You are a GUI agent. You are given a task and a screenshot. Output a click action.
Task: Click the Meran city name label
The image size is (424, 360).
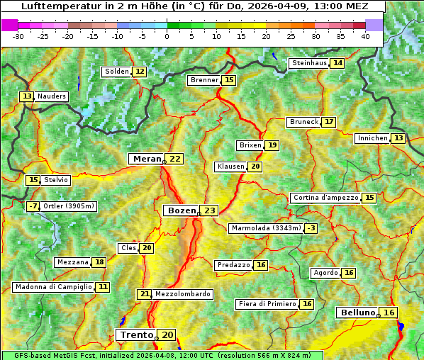pos(146,159)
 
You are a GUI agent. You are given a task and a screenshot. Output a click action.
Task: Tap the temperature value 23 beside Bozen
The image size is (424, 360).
pos(209,210)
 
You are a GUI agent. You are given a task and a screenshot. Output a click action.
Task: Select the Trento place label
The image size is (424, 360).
pos(137,334)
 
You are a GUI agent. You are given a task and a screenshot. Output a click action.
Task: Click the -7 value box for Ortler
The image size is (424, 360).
pos(33,206)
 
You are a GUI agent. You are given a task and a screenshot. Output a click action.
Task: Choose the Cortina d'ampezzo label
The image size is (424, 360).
pos(325,198)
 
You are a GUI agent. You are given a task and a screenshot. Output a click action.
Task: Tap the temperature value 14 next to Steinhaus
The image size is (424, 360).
pos(337,63)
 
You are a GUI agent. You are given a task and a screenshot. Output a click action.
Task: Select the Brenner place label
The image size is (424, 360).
pos(204,80)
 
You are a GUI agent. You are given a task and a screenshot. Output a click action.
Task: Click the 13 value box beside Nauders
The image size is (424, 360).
pos(27,96)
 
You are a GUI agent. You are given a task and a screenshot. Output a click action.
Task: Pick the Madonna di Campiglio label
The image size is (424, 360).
pos(53,287)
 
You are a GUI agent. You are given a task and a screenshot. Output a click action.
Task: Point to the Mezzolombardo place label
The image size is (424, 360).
pos(182,294)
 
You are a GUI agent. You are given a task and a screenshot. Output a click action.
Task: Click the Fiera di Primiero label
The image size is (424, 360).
pos(267,304)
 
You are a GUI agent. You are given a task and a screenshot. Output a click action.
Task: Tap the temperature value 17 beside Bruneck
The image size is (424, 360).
pos(328,122)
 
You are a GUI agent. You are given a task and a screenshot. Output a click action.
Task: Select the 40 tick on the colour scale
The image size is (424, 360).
pos(365,36)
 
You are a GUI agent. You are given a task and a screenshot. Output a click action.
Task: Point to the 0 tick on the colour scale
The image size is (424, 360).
pos(167,36)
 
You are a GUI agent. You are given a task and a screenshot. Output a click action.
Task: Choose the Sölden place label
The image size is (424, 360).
pos(116,72)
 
